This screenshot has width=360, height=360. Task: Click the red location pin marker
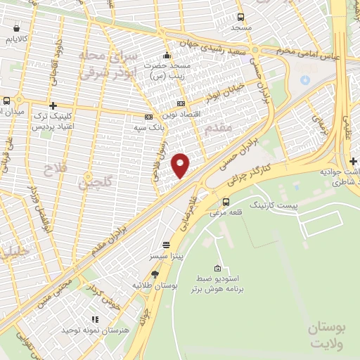tap(181, 165)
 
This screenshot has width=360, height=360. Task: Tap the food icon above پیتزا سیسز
tap(166, 245)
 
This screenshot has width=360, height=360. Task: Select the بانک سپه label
tap(150, 129)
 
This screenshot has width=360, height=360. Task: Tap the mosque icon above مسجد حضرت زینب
tap(167, 56)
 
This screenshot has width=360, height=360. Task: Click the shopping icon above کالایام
tap(16, 29)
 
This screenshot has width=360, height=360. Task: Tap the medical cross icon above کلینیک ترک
tap(53, 105)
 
